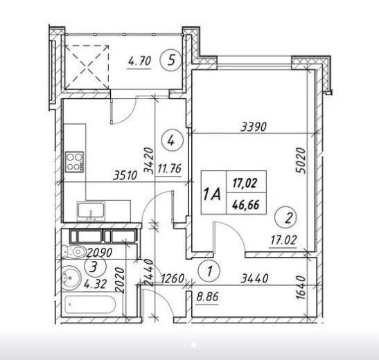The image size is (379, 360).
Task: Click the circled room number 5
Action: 171,60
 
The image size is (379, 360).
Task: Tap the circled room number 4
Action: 173,141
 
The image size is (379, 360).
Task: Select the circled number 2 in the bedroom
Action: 286,218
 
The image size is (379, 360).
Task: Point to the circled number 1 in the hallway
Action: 209,271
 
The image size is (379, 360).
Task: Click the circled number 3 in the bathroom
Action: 96,267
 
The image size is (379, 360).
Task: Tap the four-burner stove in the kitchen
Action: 75,161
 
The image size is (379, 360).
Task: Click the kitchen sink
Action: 91,212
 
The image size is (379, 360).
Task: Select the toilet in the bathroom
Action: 74,252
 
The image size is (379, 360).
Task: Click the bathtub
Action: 90,303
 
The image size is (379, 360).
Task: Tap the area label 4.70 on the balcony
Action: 139,62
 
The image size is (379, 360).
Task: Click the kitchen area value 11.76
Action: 169,168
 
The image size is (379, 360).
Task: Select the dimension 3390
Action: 254,127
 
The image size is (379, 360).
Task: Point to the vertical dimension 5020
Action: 301,161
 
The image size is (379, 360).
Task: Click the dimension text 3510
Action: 125,176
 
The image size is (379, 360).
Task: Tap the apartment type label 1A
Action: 213,195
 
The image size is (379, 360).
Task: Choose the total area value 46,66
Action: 245,205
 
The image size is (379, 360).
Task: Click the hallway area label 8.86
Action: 207,296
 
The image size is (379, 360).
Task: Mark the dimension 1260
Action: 173,278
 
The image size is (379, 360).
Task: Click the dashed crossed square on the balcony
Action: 87,67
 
